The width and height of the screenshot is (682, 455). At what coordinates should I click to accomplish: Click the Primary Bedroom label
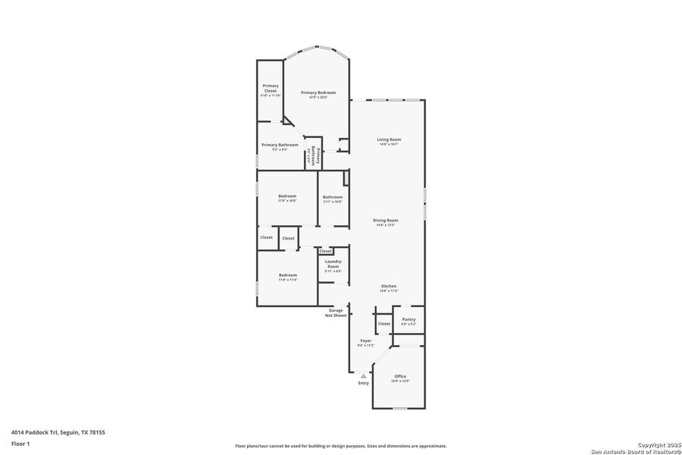tap(318, 93)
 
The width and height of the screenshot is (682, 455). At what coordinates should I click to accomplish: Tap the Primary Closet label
tap(271, 88)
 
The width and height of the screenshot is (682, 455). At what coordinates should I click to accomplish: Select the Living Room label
tap(389, 140)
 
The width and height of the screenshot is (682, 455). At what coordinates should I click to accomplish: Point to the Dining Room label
tap(386, 221)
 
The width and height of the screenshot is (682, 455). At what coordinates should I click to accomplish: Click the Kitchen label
tap(388, 287)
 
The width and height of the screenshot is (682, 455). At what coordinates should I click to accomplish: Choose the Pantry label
tap(408, 320)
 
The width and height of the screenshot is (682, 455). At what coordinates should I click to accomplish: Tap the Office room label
tap(399, 376)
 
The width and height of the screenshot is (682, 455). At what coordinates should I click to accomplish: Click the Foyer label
tap(365, 341)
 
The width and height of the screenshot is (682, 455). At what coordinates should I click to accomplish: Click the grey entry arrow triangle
tap(364, 375)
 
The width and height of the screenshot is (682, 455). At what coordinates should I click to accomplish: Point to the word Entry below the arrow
tap(364, 383)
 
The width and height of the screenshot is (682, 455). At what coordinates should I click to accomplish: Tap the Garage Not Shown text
tap(336, 312)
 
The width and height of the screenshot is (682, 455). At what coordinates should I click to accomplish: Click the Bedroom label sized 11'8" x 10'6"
tap(286, 196)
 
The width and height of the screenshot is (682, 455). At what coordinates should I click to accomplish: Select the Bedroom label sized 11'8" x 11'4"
tap(287, 275)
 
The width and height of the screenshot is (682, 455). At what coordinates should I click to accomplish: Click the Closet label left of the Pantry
tap(384, 324)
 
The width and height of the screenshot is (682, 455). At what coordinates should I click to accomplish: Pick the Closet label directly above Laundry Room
tap(325, 251)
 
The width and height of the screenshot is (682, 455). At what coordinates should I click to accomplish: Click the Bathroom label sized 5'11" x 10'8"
tap(333, 197)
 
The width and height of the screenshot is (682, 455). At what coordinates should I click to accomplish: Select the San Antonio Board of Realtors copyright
tap(637, 450)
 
